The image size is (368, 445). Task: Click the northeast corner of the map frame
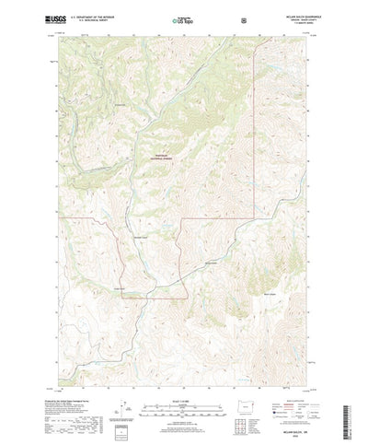tap(310, 36)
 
